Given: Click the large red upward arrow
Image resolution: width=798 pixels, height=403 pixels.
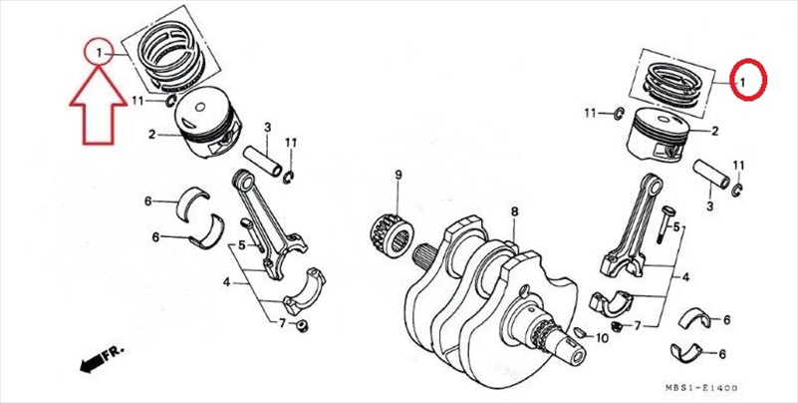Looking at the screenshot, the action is point(99,107).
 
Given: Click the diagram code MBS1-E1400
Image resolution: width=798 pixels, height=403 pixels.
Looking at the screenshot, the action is point(700,388).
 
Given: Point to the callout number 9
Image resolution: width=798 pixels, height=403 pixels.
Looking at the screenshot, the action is point(399,175).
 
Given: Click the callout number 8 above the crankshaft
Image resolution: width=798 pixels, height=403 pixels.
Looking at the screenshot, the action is point(514,211).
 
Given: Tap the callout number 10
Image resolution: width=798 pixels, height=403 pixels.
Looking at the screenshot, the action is point(601,338).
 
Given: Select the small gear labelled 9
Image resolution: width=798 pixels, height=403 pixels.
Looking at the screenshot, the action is point(391,235).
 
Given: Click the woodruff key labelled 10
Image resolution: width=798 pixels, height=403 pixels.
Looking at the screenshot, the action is point(578,333).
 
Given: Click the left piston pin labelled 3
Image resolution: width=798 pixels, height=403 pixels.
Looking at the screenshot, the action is point(263,161).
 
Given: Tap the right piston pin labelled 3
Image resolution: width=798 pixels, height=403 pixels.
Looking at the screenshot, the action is point(711,175).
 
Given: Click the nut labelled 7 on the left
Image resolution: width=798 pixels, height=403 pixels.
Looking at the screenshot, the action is point(302,325).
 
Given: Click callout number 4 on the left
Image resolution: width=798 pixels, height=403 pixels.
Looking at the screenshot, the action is point(226,281).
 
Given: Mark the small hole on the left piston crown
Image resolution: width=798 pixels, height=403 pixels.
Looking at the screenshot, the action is point(200,107).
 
